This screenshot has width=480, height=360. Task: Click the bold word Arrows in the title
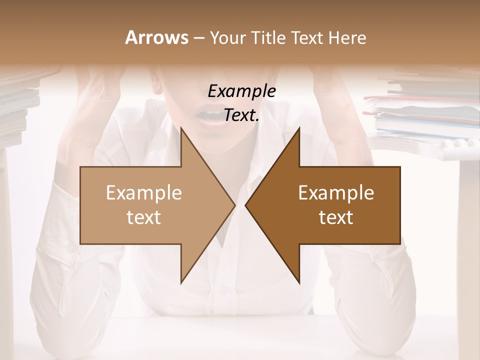[x=156, y=37]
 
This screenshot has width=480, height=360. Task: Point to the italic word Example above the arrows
[x=241, y=91]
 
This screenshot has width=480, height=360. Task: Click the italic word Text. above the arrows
[x=241, y=115]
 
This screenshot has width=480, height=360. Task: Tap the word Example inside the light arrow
[x=144, y=193]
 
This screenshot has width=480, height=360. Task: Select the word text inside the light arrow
[x=144, y=217]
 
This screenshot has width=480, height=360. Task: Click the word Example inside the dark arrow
[x=336, y=193]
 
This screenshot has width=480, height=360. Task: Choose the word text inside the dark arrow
[x=336, y=217]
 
